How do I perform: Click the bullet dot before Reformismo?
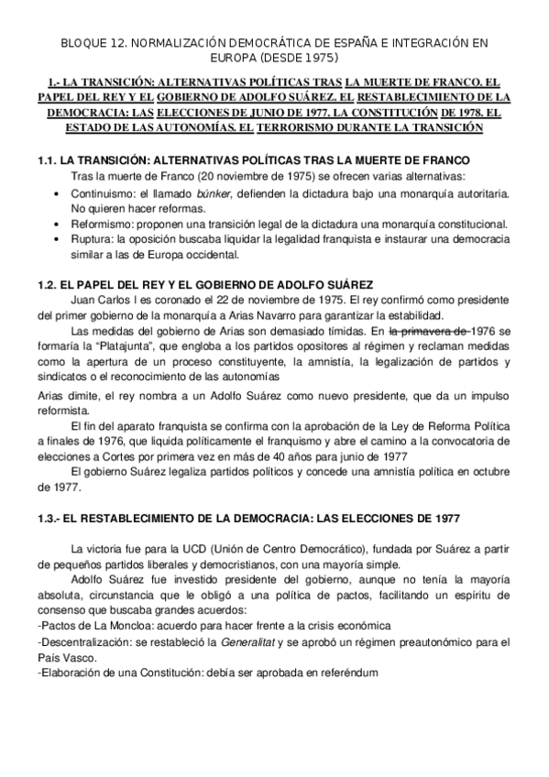pos(59,224)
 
